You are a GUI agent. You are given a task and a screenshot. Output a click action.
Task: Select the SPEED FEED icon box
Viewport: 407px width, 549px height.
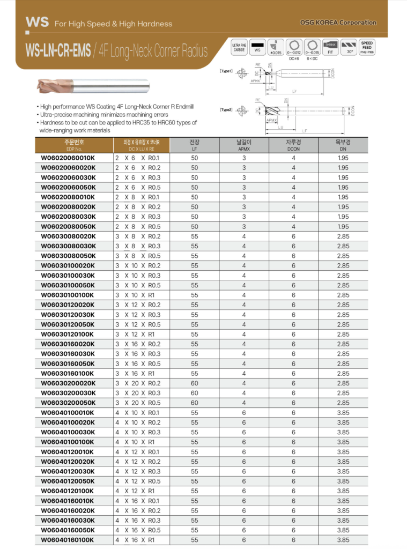point(367,47)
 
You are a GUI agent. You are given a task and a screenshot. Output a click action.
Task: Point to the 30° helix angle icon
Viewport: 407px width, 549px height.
point(350,47)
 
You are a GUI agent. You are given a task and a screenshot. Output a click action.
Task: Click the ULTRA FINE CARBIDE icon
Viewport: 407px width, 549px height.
point(239,47)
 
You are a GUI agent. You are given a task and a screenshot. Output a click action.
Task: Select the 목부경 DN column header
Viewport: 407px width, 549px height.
point(343,145)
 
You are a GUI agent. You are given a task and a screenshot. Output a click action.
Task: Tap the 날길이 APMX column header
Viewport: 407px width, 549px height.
point(244,145)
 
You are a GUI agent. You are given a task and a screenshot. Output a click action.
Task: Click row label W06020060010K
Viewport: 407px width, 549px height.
point(68,158)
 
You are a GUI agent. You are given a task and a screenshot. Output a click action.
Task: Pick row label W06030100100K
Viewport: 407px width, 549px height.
point(68,295)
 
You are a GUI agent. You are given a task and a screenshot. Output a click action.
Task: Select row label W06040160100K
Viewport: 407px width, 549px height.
point(68,540)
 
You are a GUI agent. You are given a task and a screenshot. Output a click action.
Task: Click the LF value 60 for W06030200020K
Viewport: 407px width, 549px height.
point(194,383)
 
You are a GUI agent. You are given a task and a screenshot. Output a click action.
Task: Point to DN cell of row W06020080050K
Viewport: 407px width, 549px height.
point(343,227)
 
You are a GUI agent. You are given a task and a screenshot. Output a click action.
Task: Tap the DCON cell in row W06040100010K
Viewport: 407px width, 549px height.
point(293,413)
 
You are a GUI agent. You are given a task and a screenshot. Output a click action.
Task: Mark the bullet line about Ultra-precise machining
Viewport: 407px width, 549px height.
point(105,115)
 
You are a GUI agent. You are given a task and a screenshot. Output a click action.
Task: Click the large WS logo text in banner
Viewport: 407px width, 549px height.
point(37,23)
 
